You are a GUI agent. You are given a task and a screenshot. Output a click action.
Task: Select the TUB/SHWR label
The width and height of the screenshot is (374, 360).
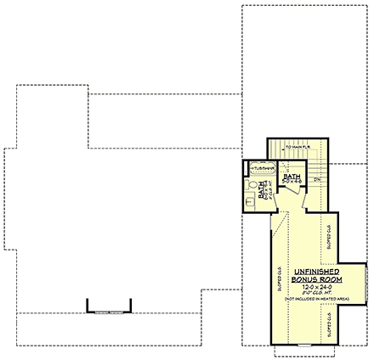255,169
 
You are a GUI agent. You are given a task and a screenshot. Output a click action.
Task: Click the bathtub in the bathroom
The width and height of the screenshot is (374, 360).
255,168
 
